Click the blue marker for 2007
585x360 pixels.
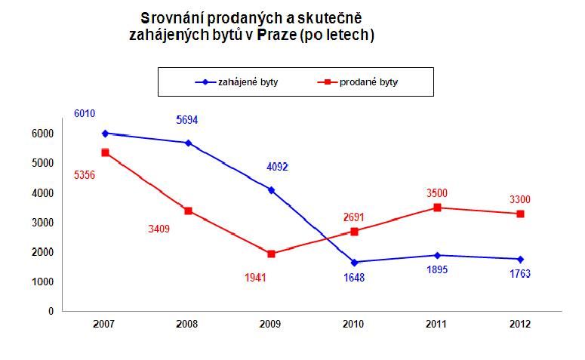click(105, 133)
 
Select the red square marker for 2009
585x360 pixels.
click(271, 254)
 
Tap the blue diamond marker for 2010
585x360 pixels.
click(354, 262)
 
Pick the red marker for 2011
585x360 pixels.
click(437, 208)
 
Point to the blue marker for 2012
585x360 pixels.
click(520, 259)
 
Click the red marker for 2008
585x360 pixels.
click(188, 211)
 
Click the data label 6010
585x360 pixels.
click(84, 113)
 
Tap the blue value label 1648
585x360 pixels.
click(354, 277)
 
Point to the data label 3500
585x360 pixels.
click(437, 193)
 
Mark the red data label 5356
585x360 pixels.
click(84, 174)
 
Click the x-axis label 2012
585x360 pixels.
click(520, 325)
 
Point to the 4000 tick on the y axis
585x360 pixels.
click(43, 193)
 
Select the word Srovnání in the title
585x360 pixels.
click(171, 17)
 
